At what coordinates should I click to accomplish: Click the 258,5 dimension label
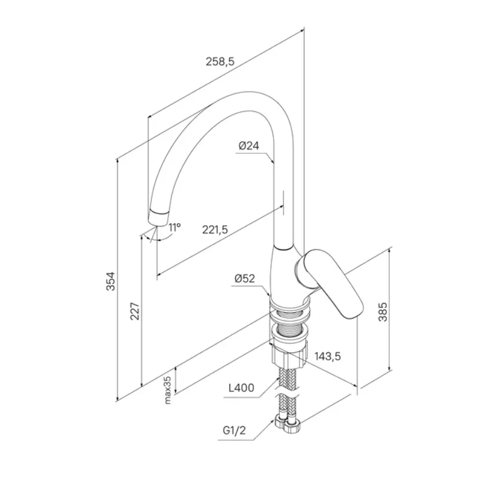tap(220, 61)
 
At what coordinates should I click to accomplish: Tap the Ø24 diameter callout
tap(249, 146)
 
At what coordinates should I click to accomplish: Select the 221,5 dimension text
tap(215, 230)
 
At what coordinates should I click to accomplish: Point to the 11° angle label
tap(174, 227)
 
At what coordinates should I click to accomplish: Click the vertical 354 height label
tap(111, 281)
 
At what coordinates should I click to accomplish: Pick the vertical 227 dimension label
tap(135, 311)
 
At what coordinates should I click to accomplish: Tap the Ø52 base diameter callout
tap(245, 278)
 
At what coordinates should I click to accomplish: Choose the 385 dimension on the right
tap(383, 312)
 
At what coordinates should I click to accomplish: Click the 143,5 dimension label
tap(328, 356)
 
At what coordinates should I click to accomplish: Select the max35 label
tap(168, 390)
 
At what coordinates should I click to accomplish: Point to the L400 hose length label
tap(241, 387)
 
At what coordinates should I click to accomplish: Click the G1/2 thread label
tap(235, 430)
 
